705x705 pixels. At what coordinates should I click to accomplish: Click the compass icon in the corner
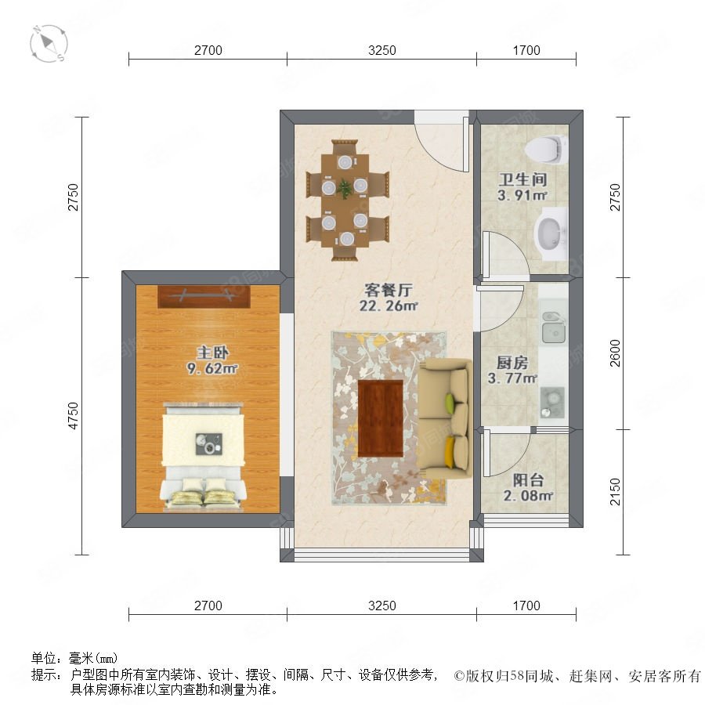49,44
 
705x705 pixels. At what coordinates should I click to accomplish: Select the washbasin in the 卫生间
551,233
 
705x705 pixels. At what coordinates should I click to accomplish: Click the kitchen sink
554,327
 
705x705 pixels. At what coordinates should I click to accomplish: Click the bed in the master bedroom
204,456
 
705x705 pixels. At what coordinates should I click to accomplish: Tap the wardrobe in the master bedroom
204,297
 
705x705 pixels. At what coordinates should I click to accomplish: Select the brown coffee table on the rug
381,418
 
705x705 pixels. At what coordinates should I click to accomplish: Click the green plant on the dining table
345,188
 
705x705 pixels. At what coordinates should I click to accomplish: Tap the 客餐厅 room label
388,290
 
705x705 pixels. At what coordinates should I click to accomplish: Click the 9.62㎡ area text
212,369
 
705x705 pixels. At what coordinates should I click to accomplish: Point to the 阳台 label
528,479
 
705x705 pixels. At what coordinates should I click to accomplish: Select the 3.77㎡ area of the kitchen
512,378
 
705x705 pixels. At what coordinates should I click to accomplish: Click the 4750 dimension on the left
73,416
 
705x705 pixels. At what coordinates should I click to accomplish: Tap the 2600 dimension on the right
615,353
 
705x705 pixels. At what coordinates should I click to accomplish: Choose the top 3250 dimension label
382,50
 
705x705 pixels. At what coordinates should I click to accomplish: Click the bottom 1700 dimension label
526,606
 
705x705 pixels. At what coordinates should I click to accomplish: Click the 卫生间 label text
523,180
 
